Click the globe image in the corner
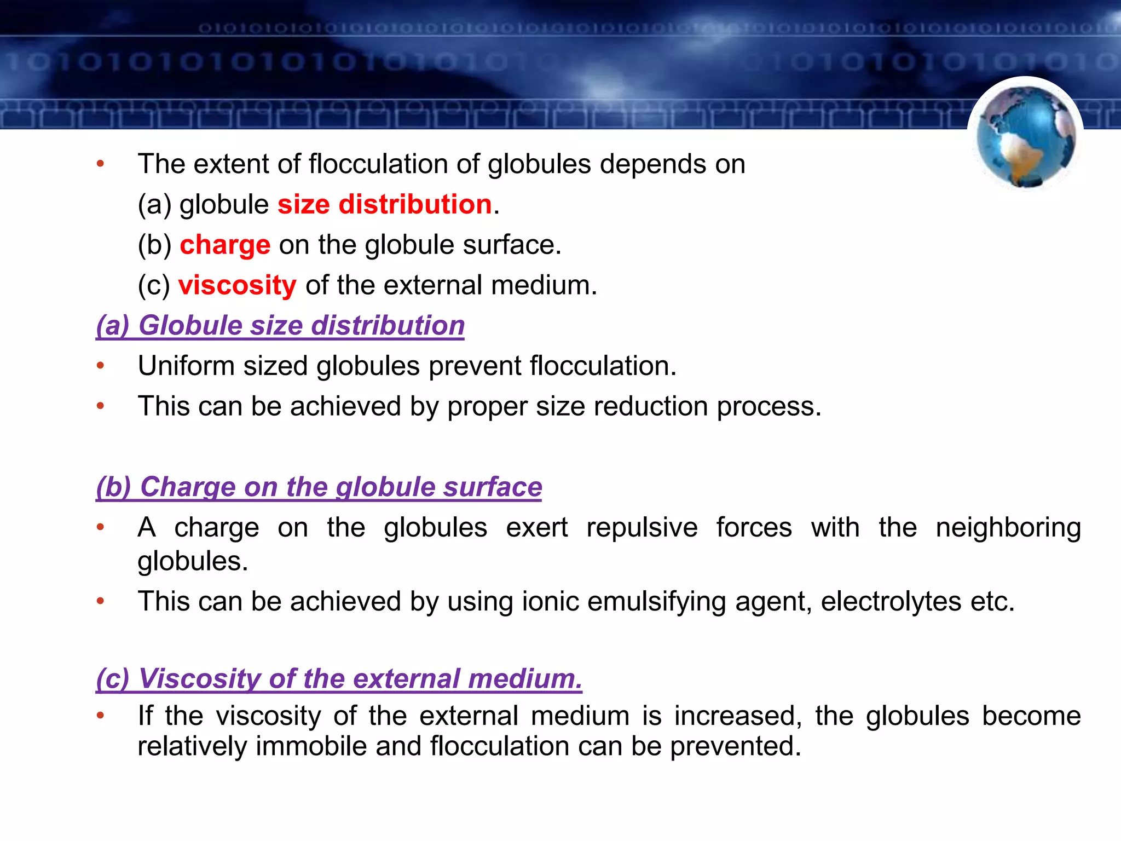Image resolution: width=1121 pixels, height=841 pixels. [1025, 136]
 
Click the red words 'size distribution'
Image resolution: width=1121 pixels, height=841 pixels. [384, 204]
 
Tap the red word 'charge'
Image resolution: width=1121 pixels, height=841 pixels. [225, 245]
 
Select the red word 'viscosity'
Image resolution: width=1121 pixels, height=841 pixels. [238, 285]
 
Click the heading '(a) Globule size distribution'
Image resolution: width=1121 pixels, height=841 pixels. [280, 325]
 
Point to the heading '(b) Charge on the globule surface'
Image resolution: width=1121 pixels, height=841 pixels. [319, 487]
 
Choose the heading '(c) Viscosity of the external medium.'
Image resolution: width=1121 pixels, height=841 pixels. [339, 678]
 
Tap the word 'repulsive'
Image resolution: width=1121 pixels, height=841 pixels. [642, 528]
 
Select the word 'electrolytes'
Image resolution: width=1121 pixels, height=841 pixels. [891, 602]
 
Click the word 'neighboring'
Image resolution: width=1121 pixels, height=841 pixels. [1008, 528]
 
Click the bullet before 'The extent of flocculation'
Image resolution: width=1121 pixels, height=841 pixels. [100, 164]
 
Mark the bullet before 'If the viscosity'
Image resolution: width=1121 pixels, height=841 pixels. [100, 716]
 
